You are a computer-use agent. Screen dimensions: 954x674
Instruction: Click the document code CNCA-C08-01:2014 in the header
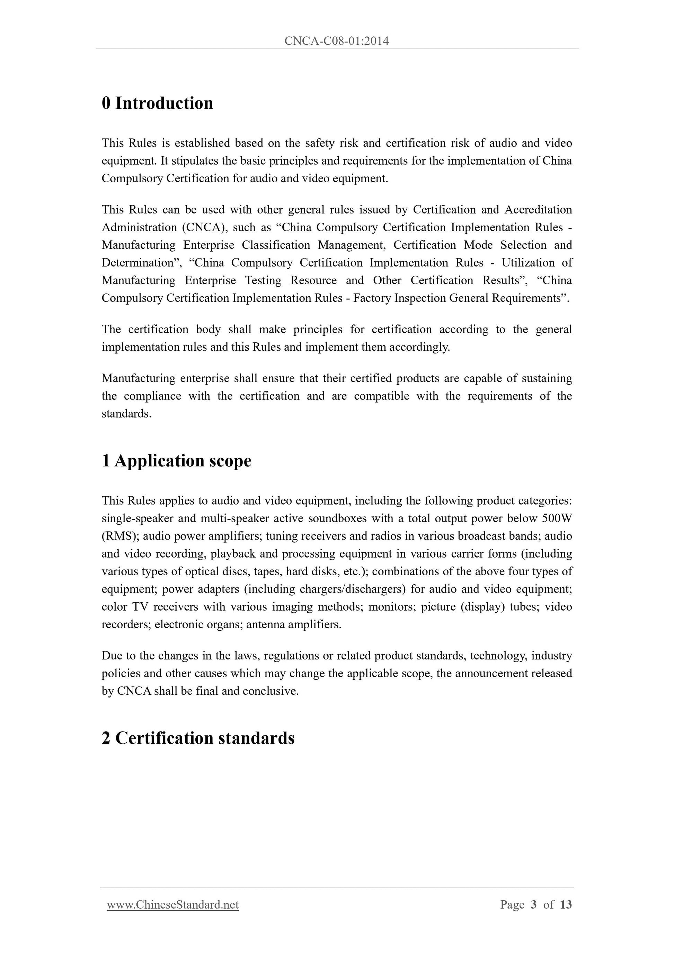pos(337,41)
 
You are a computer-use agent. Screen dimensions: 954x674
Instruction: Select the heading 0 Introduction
pos(157,103)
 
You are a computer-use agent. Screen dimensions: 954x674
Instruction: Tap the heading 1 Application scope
pos(177,461)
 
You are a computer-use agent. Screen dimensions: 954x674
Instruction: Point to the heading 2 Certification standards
pos(198,738)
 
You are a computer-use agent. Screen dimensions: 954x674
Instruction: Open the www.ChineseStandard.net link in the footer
pos(173,904)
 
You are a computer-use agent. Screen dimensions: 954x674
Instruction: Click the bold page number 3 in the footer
pos(534,904)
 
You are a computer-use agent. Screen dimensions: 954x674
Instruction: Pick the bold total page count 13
pos(566,904)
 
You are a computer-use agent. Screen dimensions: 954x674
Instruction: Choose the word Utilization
pos(528,263)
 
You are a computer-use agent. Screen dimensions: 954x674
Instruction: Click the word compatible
pos(381,396)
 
